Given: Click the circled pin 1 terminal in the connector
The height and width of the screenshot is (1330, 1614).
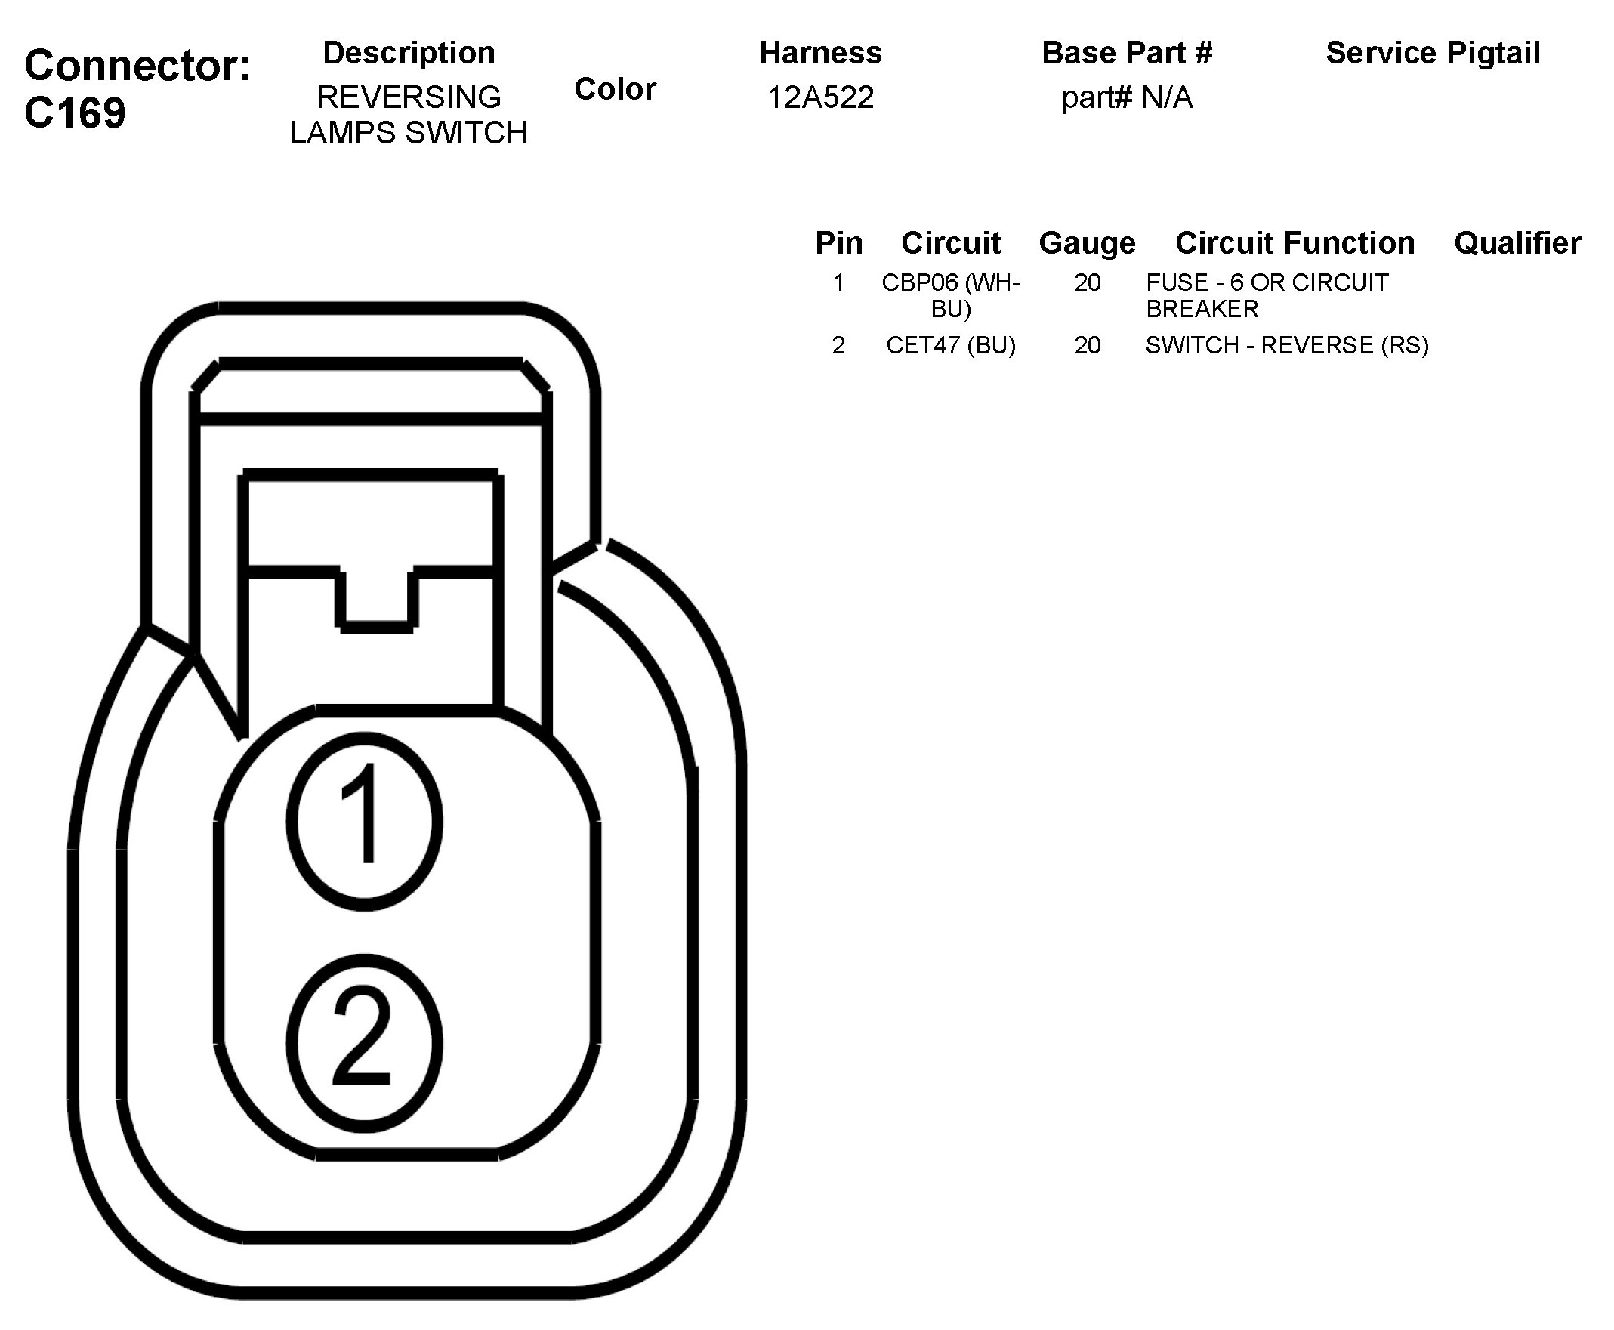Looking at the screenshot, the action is coord(365,820).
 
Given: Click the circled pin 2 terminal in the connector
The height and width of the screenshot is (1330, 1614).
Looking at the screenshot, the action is coord(365,1043).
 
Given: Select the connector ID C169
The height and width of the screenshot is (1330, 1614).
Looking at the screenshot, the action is coord(75,113).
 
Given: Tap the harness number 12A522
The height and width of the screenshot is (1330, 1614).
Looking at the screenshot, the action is coord(820,97).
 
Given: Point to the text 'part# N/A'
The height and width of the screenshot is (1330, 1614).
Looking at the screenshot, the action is coord(1127,97).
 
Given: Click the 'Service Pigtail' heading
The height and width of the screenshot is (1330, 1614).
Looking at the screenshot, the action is coord(1433,53).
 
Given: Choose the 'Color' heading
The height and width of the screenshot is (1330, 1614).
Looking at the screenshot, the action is coord(615,89).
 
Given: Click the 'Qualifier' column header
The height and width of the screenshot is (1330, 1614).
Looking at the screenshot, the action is coord(1517,243).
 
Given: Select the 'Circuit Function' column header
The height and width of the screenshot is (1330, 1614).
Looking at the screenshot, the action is coord(1295,243).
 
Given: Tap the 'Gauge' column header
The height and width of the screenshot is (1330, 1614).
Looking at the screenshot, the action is coord(1087,243).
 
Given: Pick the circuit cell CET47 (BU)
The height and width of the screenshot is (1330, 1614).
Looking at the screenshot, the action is coord(951,345).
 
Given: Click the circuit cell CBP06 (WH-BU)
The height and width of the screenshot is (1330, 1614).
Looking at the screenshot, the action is coord(951,296).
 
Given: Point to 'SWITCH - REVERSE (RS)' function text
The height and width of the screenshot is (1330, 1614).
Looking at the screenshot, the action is coord(1287,345).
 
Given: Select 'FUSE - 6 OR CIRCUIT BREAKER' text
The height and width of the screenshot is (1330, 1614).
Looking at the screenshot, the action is coord(1267,296).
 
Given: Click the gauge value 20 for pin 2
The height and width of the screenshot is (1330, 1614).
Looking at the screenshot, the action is coord(1087,345).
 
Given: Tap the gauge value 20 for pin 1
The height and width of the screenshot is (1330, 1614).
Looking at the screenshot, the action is coord(1087,282).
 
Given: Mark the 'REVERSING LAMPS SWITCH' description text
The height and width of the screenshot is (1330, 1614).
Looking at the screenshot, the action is coord(409,115).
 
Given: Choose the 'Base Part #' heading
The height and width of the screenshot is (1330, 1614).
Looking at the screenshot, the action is coord(1127,53).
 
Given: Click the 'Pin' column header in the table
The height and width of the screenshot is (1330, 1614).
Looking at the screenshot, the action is coord(839,243).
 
